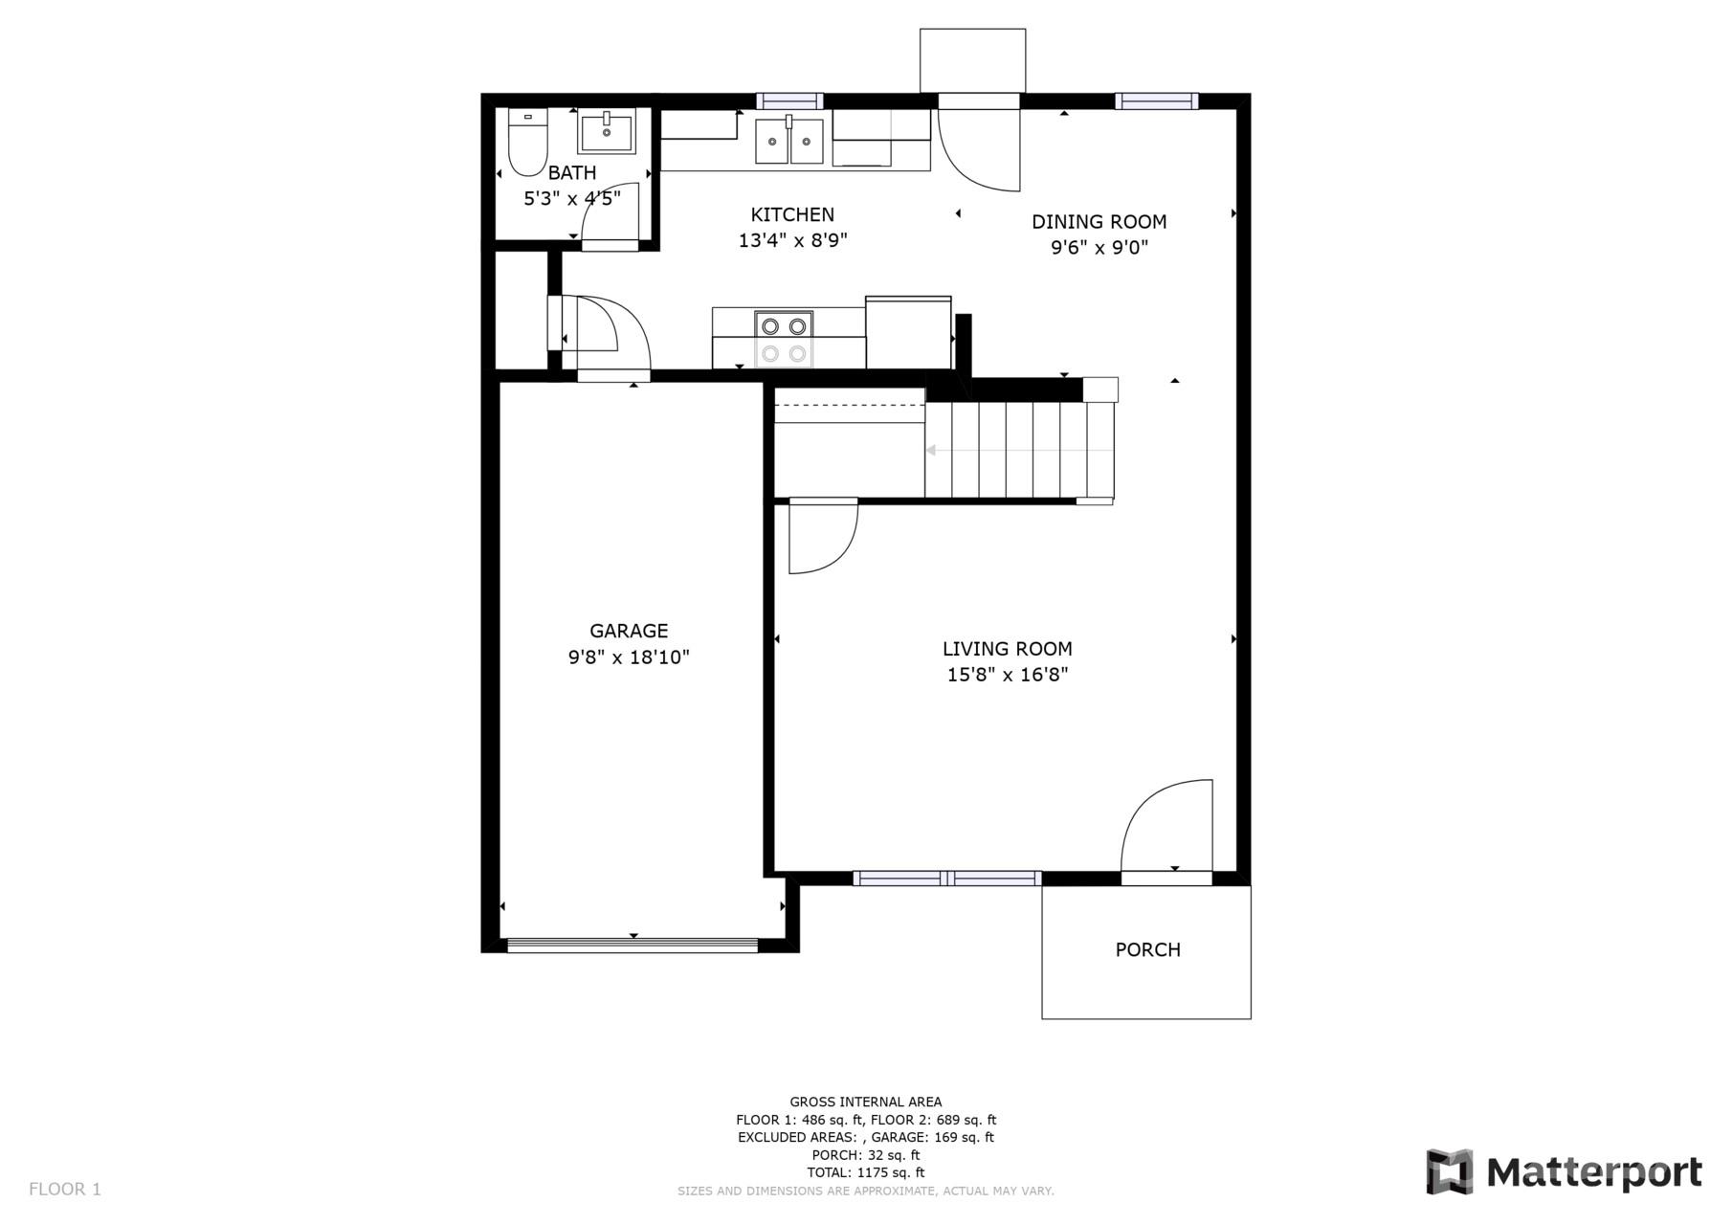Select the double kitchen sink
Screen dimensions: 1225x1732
click(x=789, y=141)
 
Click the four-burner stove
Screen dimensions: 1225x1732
click(x=784, y=340)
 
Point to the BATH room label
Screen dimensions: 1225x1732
click(x=572, y=173)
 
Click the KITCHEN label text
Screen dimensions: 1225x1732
click(x=792, y=214)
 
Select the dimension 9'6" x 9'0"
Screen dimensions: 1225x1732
click(x=1099, y=248)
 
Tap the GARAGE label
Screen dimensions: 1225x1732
click(x=629, y=631)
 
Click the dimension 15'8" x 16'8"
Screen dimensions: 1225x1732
click(x=1007, y=675)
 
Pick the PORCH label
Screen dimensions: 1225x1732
click(x=1147, y=949)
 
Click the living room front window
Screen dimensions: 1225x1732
click(x=946, y=878)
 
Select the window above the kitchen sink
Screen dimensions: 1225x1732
click(x=789, y=100)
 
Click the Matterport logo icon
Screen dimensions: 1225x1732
click(x=1449, y=1171)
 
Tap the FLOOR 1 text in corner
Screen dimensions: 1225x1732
click(x=65, y=1190)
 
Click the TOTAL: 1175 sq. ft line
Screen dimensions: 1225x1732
click(x=866, y=1172)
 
